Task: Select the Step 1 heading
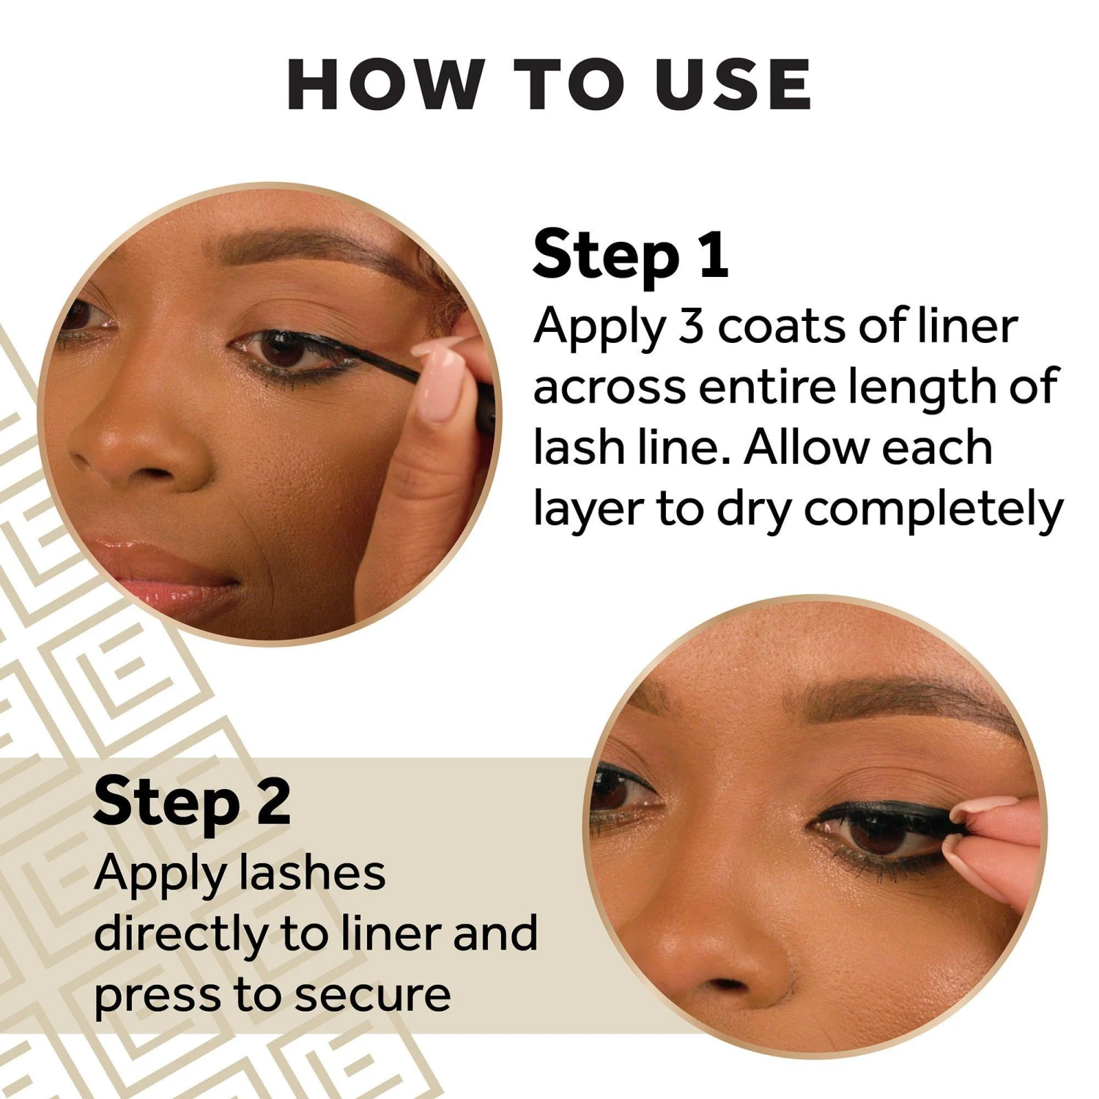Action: pyautogui.click(x=630, y=255)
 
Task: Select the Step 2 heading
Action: pyautogui.click(x=192, y=802)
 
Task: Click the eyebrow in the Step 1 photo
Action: pyautogui.click(x=308, y=253)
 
